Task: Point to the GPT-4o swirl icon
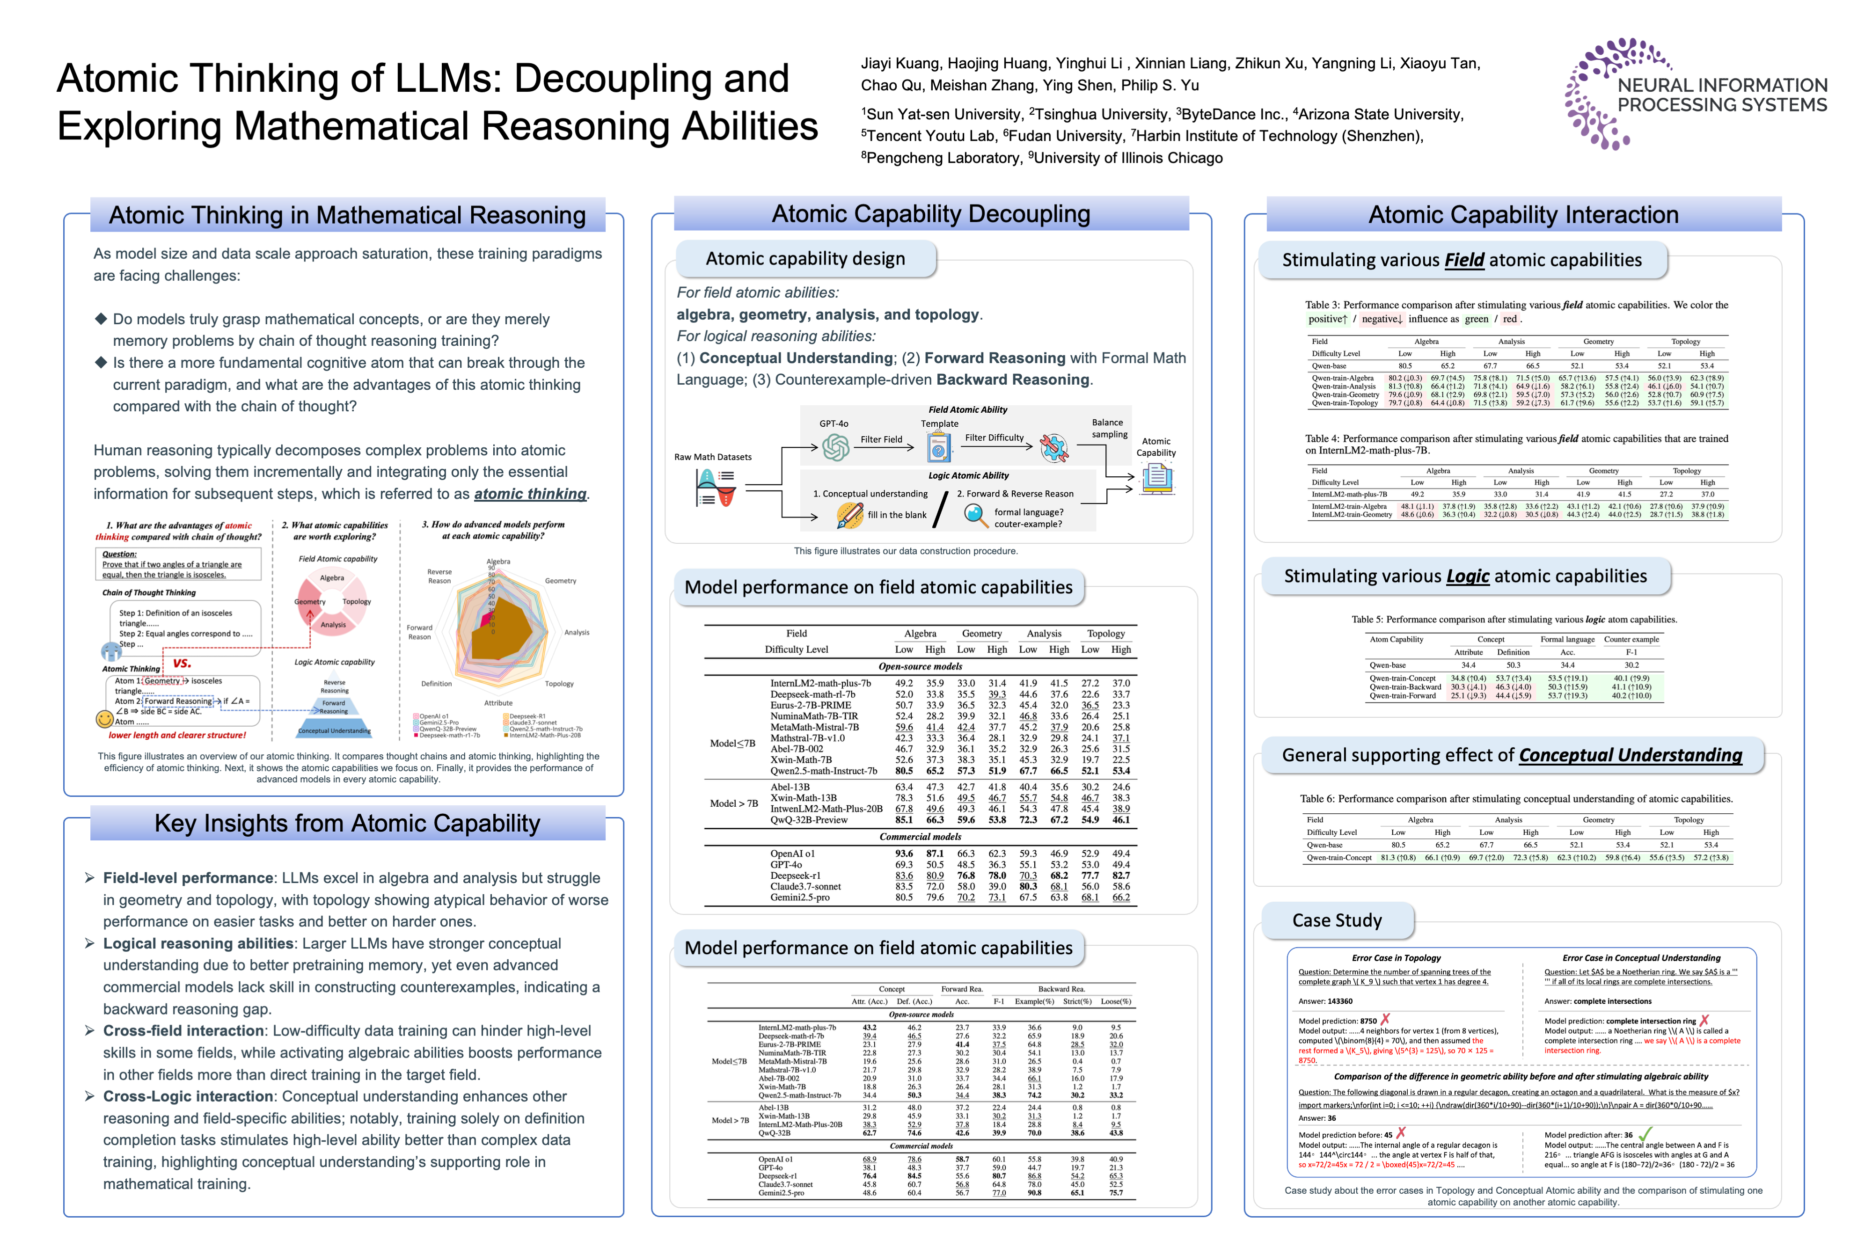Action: (x=836, y=447)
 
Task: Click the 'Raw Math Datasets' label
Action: (x=712, y=457)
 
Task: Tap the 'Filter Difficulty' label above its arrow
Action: (x=994, y=438)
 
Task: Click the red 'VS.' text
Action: (x=182, y=663)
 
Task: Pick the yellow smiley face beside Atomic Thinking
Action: (x=104, y=719)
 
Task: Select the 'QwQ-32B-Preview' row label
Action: (x=809, y=820)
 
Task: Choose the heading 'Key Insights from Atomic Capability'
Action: (x=347, y=823)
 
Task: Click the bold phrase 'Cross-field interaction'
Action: (x=183, y=1031)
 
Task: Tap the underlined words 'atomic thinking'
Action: (x=530, y=494)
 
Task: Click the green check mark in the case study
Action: (x=1645, y=1133)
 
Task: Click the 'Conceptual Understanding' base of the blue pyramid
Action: (x=334, y=730)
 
